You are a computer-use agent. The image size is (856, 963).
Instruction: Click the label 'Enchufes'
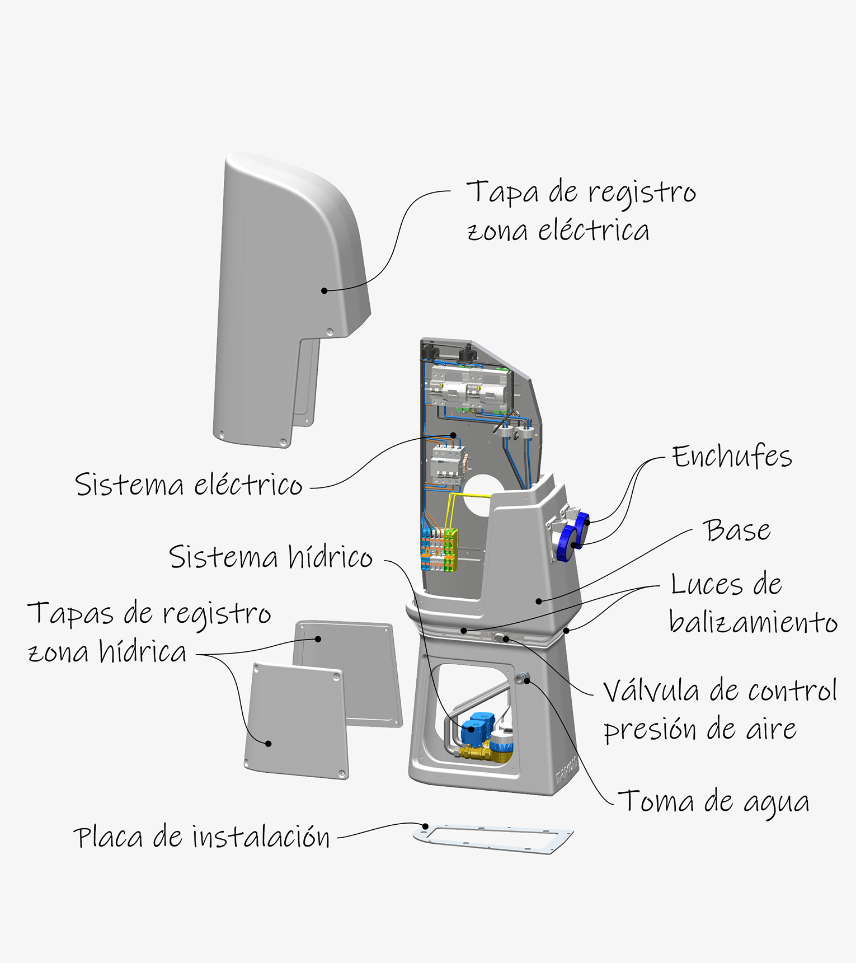732,457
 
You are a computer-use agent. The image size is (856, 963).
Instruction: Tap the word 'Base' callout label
737,530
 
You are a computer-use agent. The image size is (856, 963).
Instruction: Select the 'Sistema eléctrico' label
189,485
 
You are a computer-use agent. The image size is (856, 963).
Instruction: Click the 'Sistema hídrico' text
271,557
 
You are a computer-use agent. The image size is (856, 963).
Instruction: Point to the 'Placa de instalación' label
201,838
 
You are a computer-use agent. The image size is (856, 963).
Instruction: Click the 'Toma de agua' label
714,802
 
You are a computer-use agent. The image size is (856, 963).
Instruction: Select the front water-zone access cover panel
297,722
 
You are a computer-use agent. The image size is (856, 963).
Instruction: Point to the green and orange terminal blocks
440,548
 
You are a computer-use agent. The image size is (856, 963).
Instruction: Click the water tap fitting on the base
522,678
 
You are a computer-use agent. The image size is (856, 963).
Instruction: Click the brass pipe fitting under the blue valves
476,753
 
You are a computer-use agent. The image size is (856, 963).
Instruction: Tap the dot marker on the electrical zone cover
324,290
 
